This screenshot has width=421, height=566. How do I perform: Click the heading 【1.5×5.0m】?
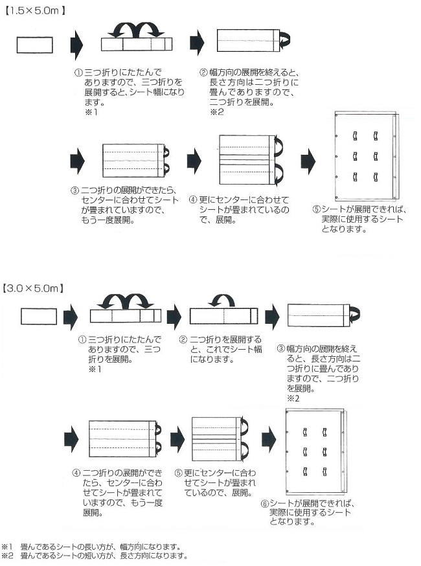tap(36, 10)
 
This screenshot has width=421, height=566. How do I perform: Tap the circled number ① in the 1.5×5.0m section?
tap(78, 73)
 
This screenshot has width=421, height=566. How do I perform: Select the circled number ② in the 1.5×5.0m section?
tap(203, 73)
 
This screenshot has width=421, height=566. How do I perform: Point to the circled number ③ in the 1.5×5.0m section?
tap(74, 192)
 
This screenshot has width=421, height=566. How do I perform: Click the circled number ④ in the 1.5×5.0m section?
tap(193, 200)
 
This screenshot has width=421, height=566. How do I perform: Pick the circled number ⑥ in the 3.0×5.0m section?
tap(265, 503)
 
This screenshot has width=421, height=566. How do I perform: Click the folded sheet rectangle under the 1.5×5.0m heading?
tap(34, 45)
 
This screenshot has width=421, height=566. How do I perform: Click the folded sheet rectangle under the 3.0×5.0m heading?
tap(39, 316)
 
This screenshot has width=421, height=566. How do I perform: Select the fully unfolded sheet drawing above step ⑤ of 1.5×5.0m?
tap(367, 155)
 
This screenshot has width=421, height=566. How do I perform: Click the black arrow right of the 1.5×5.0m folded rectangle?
tap(77, 44)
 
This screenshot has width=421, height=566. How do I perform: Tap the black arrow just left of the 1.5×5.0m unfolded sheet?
tap(308, 160)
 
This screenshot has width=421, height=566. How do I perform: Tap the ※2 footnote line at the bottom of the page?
tap(95, 556)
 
